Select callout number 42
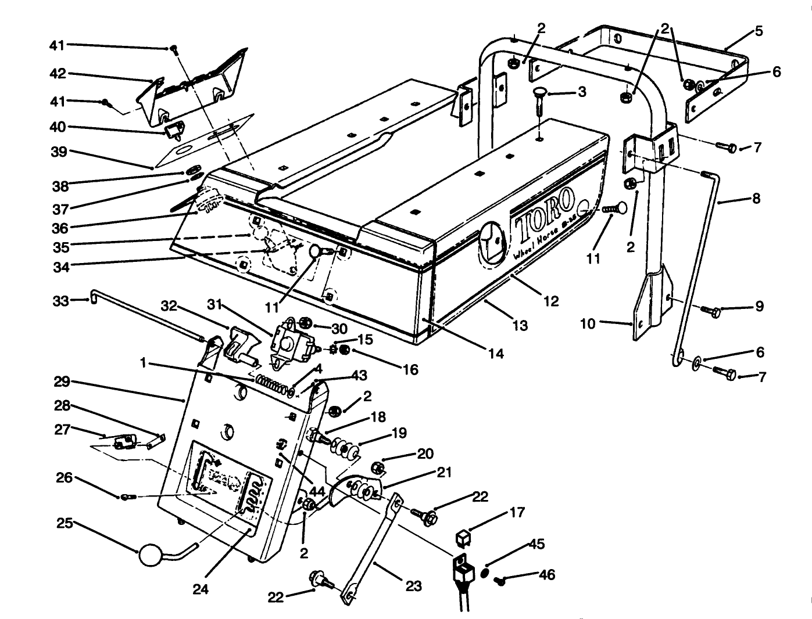[59, 74]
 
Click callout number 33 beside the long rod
[60, 301]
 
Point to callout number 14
[496, 353]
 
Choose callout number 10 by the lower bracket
[588, 323]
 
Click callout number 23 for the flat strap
[413, 586]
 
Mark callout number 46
[546, 575]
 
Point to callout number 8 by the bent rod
[756, 199]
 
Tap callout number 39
[59, 152]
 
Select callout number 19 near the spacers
[399, 433]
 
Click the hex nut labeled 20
[376, 466]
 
